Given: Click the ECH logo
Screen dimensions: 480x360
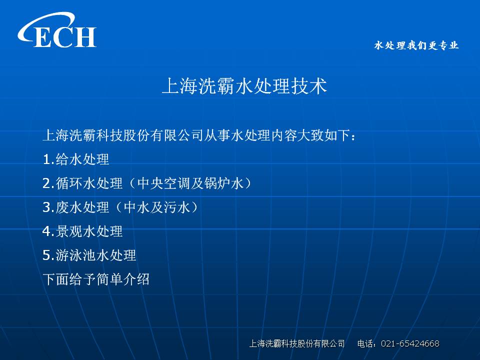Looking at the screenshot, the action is tap(57, 30).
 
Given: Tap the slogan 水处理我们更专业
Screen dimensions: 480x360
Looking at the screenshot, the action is tap(416, 45).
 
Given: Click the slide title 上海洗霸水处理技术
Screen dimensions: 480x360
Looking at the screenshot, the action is tap(244, 86).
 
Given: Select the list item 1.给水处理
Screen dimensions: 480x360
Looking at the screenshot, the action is tap(76, 159).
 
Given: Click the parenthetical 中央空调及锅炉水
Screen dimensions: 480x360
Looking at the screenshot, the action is tap(190, 183).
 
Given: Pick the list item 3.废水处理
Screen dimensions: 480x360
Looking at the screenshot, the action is tap(76, 207).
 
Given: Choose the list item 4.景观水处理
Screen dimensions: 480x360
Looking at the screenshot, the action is tap(82, 231).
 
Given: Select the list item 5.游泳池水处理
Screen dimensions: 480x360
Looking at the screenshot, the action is tap(89, 255).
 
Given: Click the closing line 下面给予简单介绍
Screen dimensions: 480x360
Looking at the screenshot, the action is tap(96, 279).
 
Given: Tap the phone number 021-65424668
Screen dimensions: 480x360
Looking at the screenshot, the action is tap(410, 343).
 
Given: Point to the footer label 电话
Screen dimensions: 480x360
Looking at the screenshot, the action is tap(364, 343).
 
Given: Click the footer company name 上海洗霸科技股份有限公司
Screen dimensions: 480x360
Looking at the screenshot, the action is tap(297, 343).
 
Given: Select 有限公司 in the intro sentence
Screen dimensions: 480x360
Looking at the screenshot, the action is tap(176, 135).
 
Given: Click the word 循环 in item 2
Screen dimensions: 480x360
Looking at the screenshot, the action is tap(69, 183).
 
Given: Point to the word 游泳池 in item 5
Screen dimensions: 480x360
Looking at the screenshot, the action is tap(76, 255).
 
